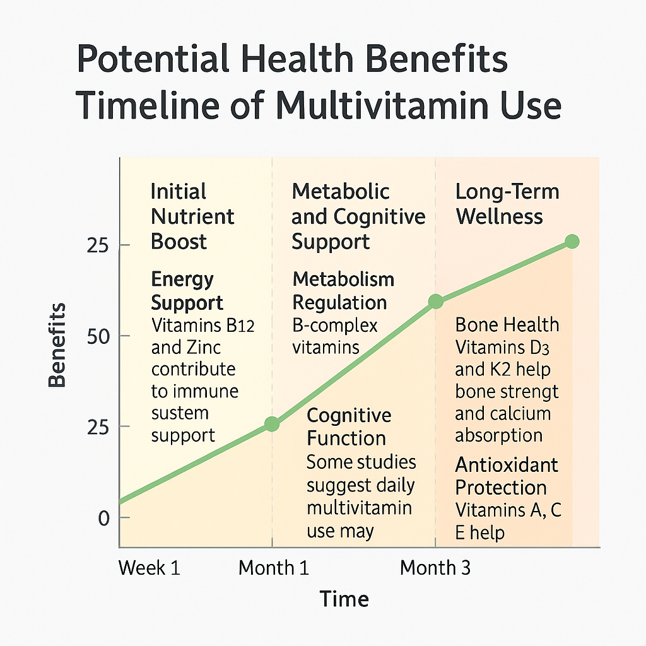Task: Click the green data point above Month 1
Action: tap(272, 423)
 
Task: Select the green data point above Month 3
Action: tap(436, 301)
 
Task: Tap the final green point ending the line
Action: tap(572, 242)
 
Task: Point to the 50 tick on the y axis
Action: tap(98, 337)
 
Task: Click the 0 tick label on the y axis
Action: tap(104, 518)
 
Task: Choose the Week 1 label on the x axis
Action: tap(150, 568)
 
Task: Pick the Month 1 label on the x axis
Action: tap(274, 568)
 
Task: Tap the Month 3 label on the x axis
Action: tap(435, 568)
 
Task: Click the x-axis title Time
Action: tap(344, 599)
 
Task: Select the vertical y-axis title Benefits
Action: tap(57, 345)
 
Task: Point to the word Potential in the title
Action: tap(153, 59)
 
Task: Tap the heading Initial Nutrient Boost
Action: tap(192, 216)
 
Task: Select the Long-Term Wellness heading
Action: tap(507, 204)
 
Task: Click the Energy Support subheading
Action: tap(187, 291)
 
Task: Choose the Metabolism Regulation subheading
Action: tap(343, 291)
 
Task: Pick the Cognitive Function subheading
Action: tap(348, 427)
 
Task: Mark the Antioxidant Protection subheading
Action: tap(507, 476)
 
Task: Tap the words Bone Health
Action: tap(507, 325)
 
